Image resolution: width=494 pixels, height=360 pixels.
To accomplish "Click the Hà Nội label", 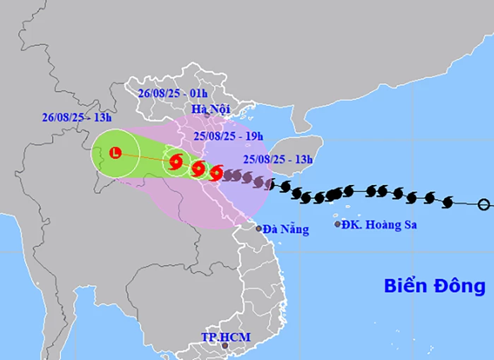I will (209, 109).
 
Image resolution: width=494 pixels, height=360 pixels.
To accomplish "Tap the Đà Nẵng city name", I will (286, 229).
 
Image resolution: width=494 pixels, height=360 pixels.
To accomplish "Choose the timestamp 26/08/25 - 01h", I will (173, 93).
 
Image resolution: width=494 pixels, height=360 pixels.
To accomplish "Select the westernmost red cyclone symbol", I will (175, 161).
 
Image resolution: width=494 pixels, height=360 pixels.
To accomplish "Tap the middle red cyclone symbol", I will (198, 168).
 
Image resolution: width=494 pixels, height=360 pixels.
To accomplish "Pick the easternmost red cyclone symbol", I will (217, 172).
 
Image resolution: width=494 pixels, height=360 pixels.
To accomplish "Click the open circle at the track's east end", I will (483, 205).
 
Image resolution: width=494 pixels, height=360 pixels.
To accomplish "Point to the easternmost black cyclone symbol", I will (447, 203).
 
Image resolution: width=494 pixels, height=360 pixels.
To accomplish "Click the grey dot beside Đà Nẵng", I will (259, 229).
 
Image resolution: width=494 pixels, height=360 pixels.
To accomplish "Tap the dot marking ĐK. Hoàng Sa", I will (337, 224).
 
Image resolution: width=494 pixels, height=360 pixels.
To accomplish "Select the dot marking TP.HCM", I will (225, 346).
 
